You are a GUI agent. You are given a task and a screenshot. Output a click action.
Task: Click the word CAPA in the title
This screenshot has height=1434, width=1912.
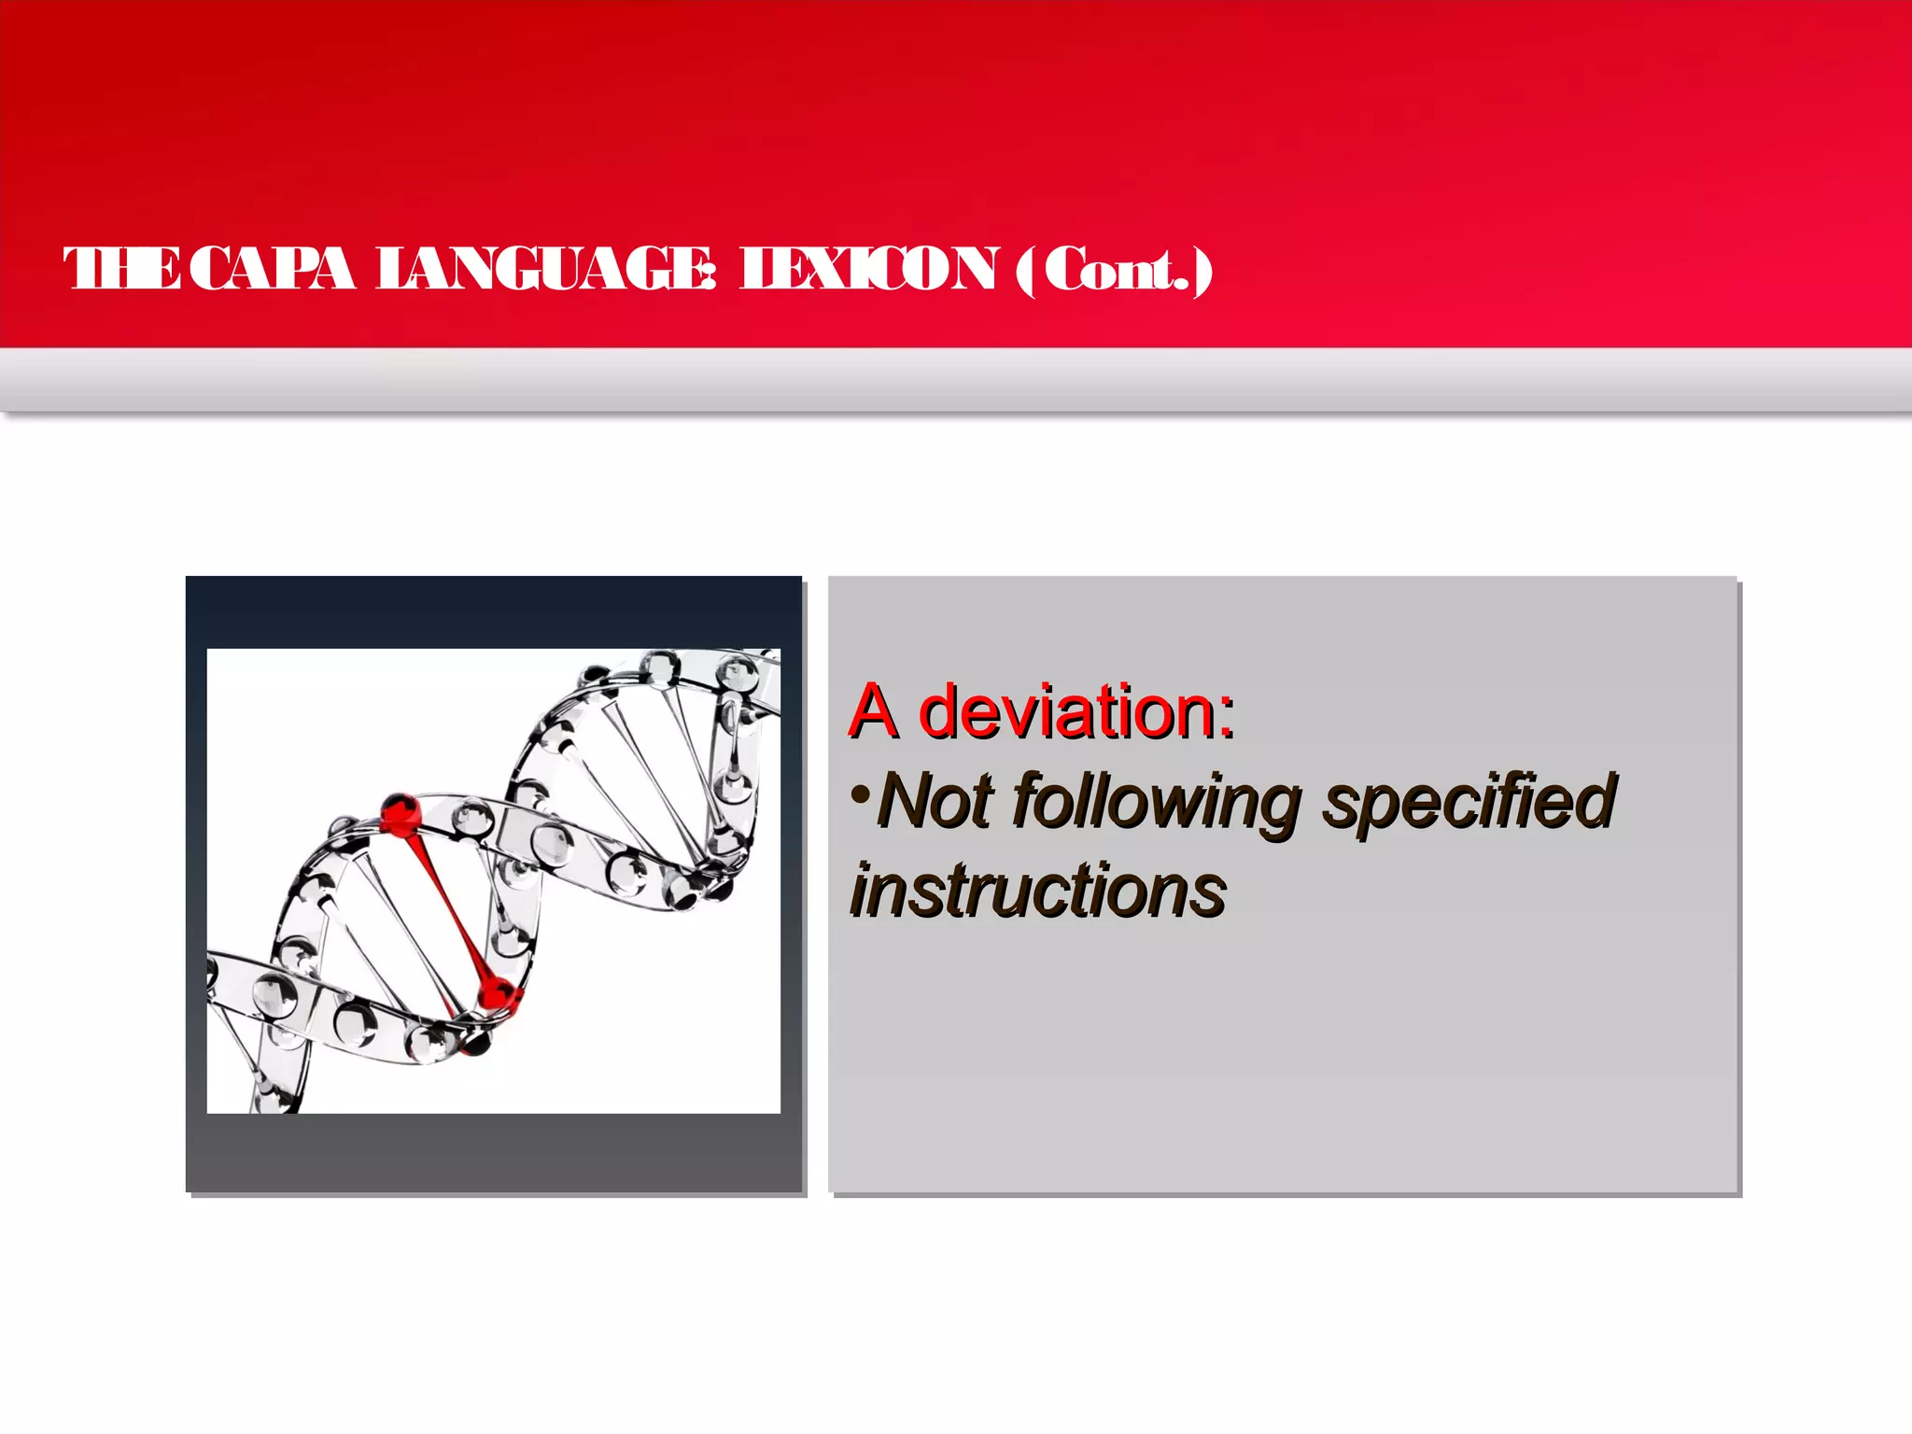tap(277, 270)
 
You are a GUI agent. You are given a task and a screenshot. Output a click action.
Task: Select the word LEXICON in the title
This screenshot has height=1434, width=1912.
tap(868, 270)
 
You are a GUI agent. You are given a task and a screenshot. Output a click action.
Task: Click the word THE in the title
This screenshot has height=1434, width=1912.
tap(121, 270)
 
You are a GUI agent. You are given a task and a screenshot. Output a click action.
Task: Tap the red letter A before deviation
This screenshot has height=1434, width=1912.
tap(874, 712)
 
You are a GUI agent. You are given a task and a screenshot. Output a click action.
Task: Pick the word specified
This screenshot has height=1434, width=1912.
tap(1469, 801)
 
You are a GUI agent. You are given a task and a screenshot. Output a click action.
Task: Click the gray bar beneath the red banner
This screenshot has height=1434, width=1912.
tap(956, 380)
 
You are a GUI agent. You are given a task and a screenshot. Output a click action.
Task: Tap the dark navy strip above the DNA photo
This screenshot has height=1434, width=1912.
tap(493, 612)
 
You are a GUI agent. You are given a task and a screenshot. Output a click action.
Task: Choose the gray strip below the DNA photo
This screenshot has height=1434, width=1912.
tap(493, 1152)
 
